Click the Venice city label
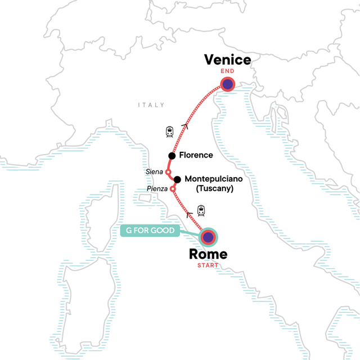coord(227,60)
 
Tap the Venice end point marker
coord(227,85)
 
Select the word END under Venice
coord(227,73)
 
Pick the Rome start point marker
coord(208,237)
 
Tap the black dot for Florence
coord(172,155)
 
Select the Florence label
coord(196,155)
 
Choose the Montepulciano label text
coord(211,179)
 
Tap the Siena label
coord(155,172)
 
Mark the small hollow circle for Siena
coord(168,172)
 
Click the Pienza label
coord(157,188)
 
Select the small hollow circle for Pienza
coord(172,188)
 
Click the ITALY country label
coord(151,105)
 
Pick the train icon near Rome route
coord(200,211)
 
